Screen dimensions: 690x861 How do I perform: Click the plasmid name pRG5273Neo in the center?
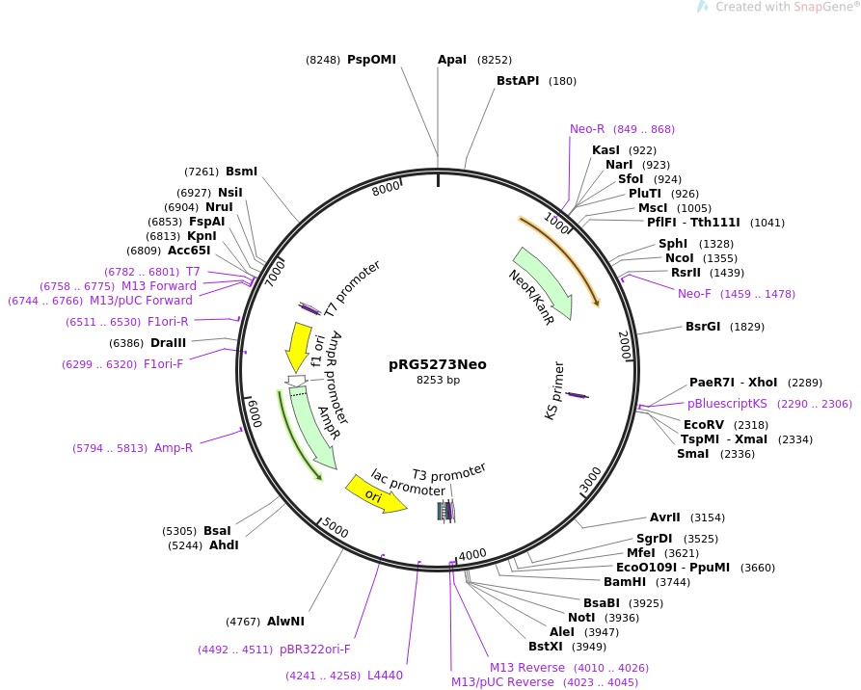click(x=438, y=364)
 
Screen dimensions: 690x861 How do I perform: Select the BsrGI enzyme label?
click(x=703, y=326)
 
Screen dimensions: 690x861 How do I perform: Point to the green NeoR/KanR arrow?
click(x=545, y=283)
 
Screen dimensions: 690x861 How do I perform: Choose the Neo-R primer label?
click(x=587, y=128)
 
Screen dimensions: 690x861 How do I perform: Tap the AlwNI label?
click(x=285, y=621)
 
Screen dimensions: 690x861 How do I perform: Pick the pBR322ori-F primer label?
click(x=314, y=650)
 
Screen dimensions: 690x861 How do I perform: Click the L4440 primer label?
click(x=385, y=675)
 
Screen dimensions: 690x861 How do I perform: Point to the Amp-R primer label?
click(x=174, y=447)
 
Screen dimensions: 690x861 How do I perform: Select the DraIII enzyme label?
click(x=168, y=342)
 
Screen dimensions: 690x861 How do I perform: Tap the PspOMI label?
click(x=371, y=60)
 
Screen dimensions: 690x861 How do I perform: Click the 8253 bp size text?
click(x=438, y=381)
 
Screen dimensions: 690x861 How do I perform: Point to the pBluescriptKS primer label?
click(x=727, y=404)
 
